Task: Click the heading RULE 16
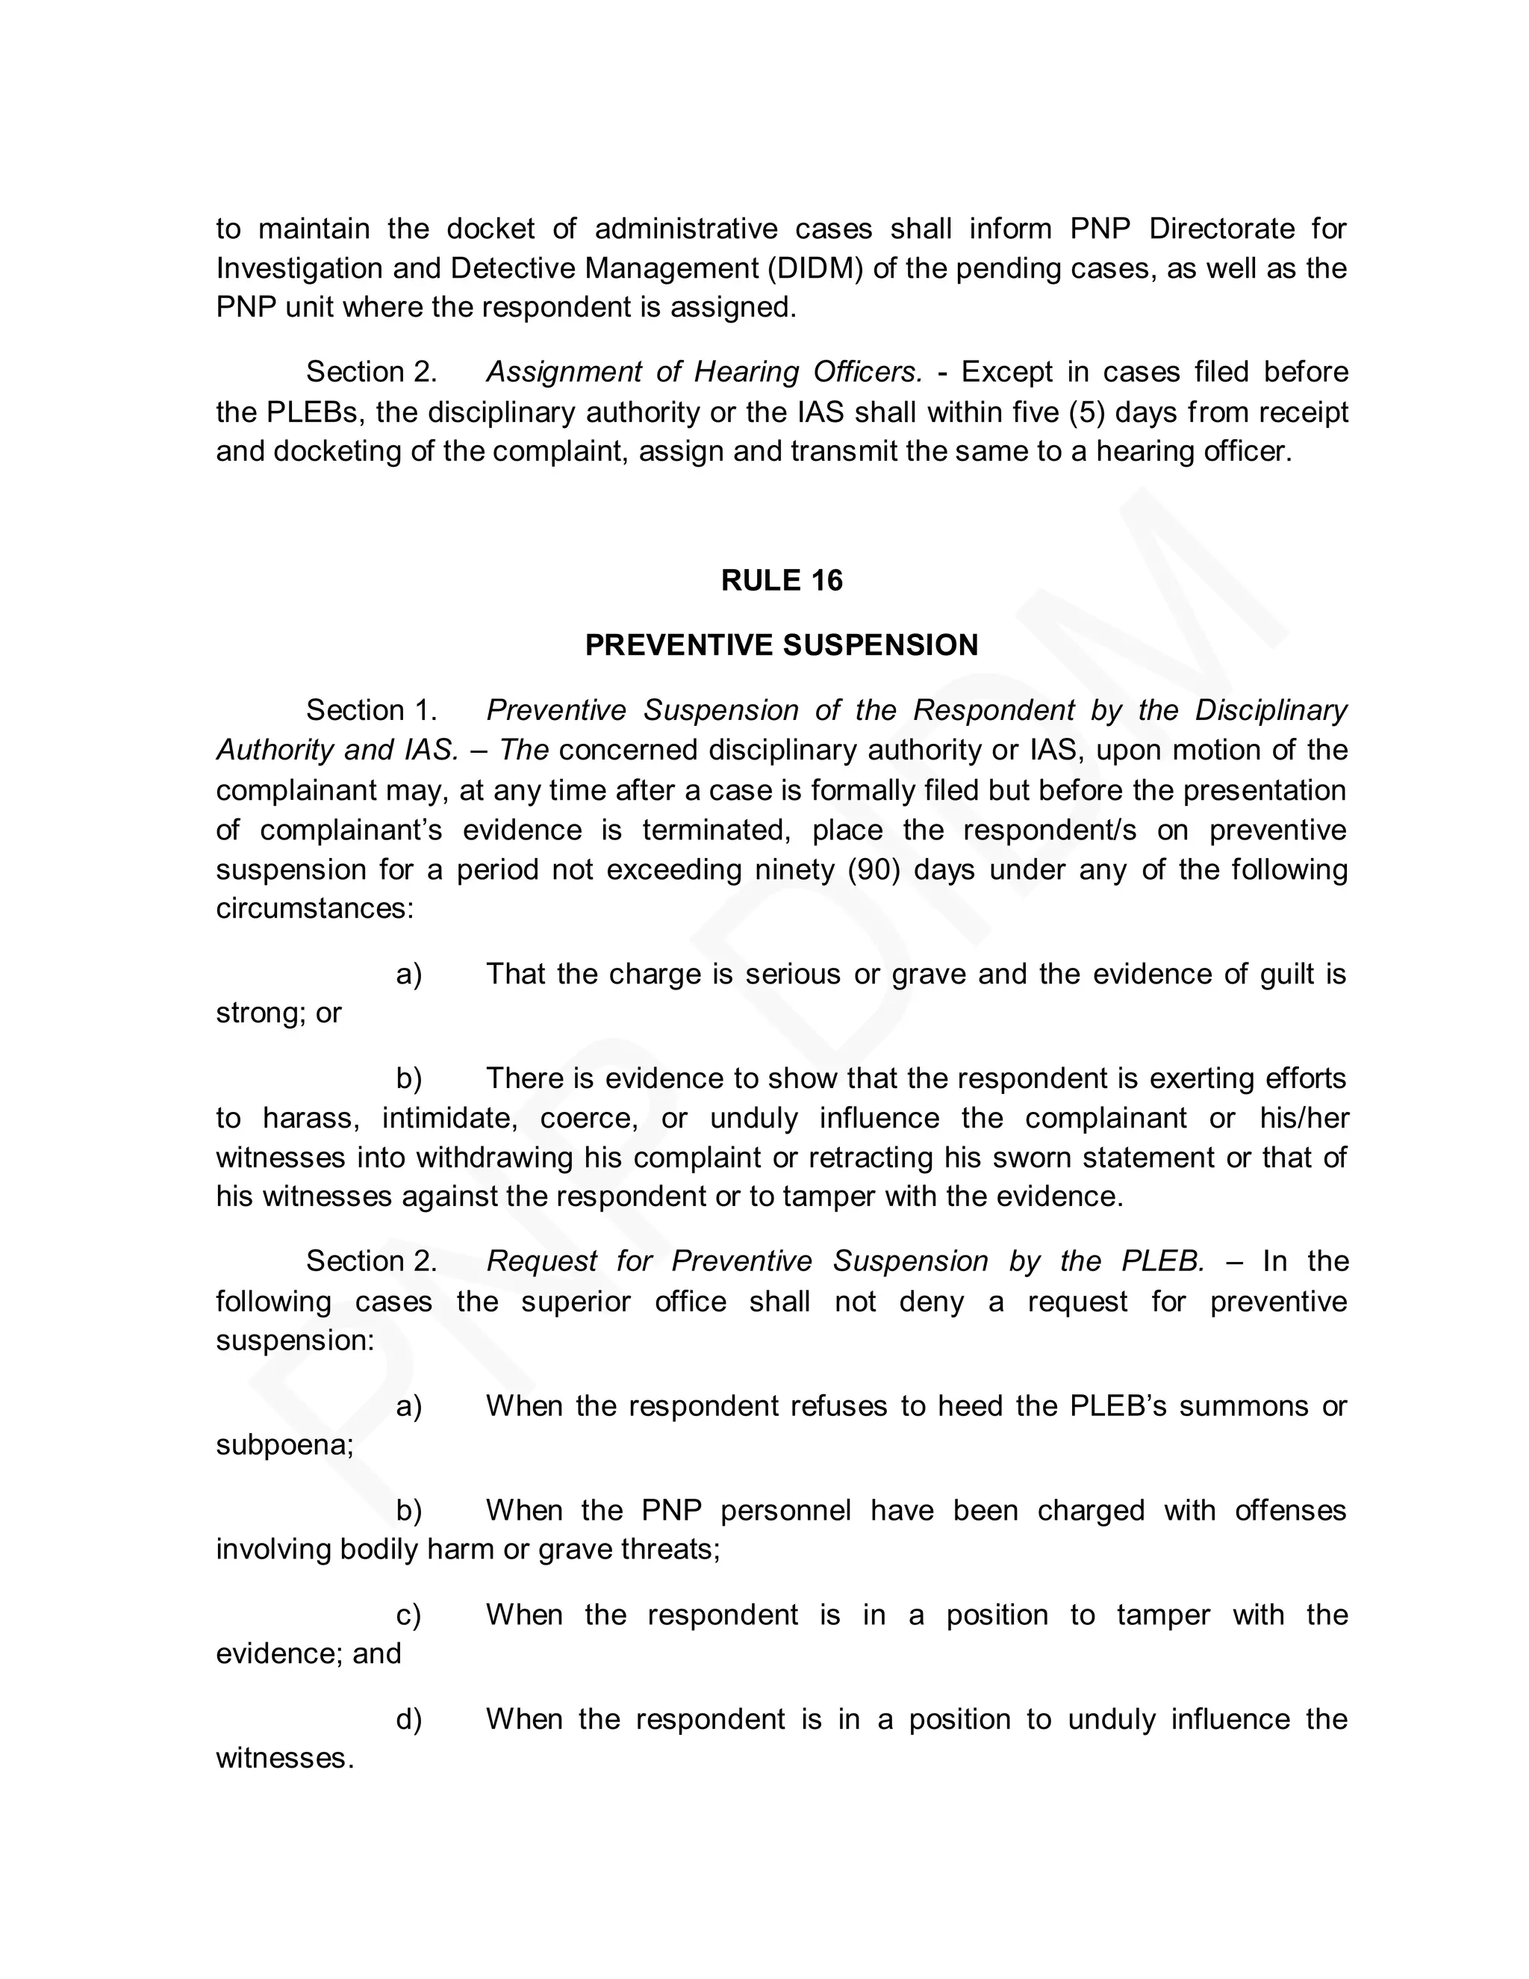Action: pyautogui.click(x=781, y=580)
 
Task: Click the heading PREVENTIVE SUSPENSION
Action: pyautogui.click(x=781, y=645)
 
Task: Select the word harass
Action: pyautogui.click(x=310, y=1118)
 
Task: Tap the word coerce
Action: pyautogui.click(x=589, y=1118)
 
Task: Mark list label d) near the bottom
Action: pyautogui.click(x=408, y=1720)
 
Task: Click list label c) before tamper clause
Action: pyautogui.click(x=408, y=1615)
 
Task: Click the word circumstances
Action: pyautogui.click(x=313, y=909)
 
